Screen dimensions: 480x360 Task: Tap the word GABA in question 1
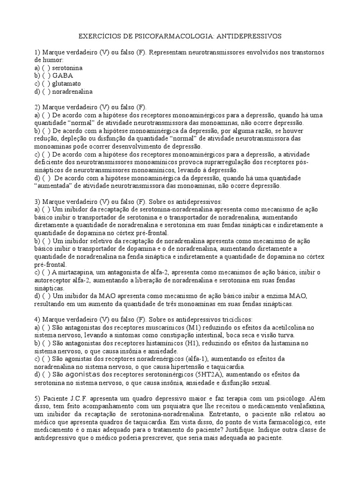[63, 75]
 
